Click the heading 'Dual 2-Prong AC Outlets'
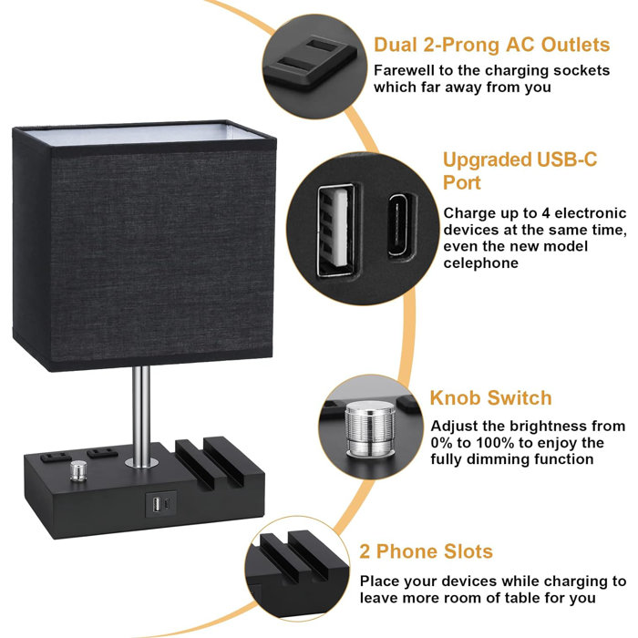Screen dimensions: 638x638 click(492, 45)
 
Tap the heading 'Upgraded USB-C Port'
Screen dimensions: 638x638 click(520, 171)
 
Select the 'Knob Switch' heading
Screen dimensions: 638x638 click(490, 398)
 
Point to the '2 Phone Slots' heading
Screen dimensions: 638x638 click(426, 551)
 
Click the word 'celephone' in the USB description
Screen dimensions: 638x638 click(480, 263)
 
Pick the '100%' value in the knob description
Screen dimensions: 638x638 click(495, 443)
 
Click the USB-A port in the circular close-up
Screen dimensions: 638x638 click(335, 231)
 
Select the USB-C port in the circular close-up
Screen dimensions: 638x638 click(402, 225)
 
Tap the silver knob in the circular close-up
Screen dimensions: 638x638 click(370, 428)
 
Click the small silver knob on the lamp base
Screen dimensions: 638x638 click(78, 470)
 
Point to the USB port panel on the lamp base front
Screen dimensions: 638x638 click(161, 505)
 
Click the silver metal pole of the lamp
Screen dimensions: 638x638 click(142, 415)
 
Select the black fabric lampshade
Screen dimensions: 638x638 click(144, 246)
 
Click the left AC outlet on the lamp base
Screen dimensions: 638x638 click(56, 457)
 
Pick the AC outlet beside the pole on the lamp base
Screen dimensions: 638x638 click(102, 452)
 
